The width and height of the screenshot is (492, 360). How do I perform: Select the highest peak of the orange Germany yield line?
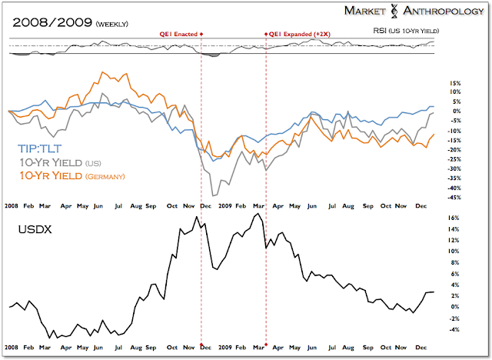[101, 73]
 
